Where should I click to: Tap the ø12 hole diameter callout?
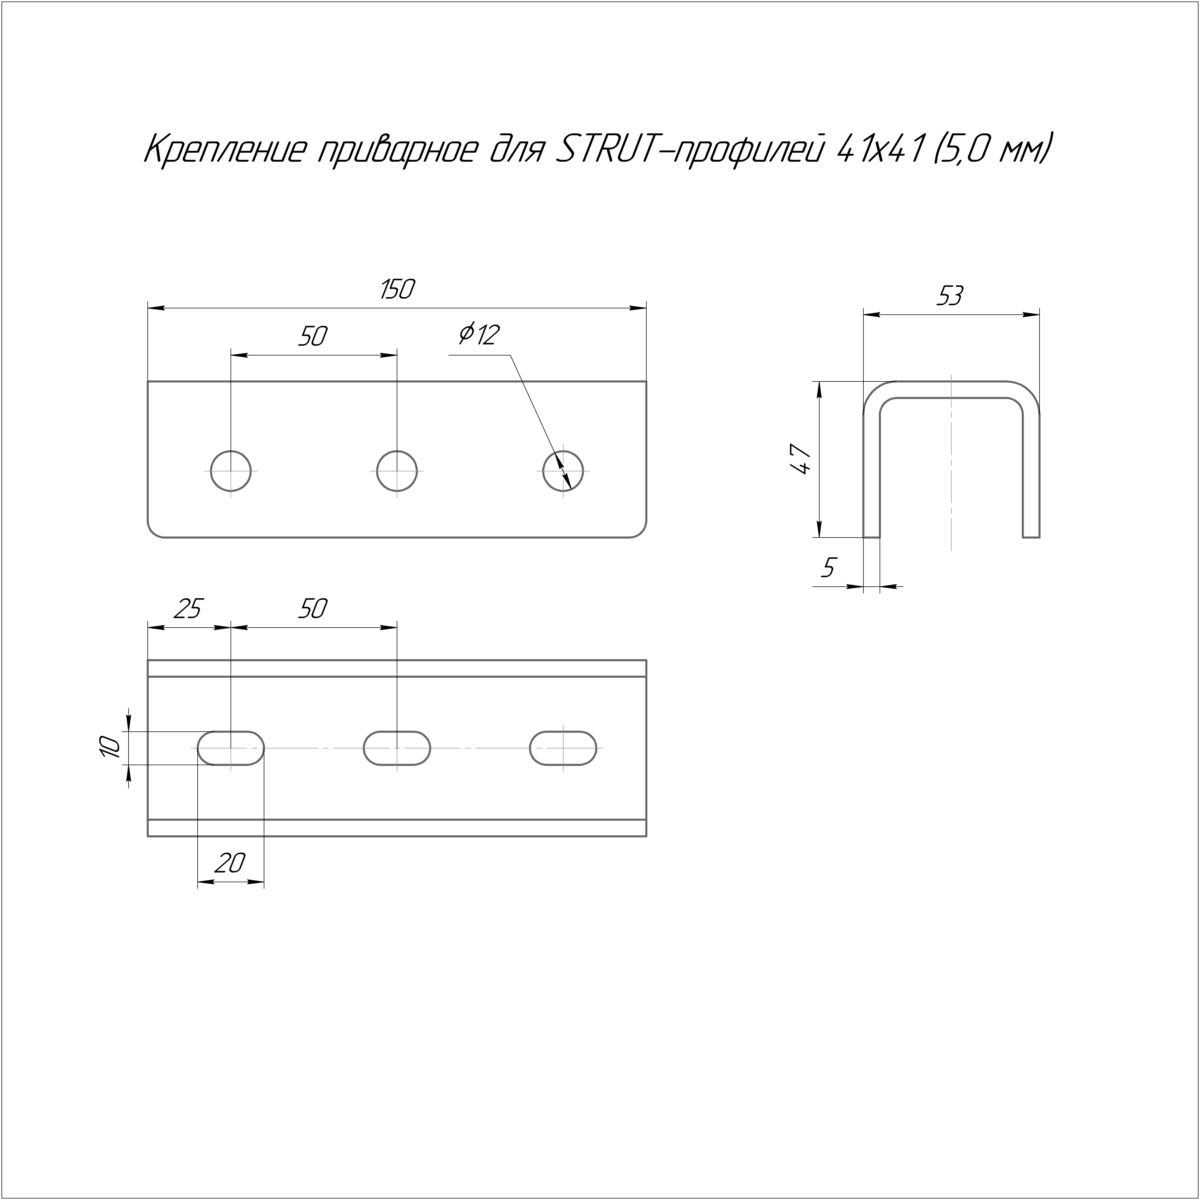[x=479, y=335]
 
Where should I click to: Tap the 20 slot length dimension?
[x=230, y=863]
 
